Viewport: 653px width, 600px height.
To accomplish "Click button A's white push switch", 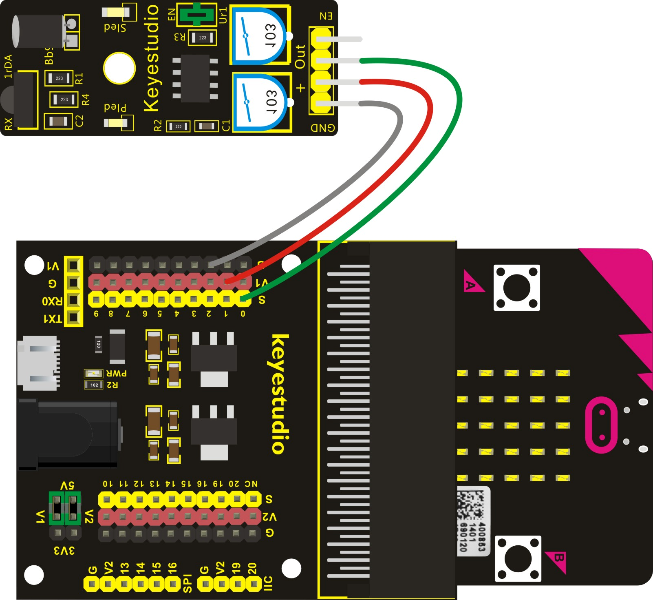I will coord(516,288).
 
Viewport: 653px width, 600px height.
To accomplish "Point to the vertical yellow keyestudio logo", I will coord(280,394).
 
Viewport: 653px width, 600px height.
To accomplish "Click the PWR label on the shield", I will coord(117,373).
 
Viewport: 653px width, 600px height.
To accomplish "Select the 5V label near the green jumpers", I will coord(67,485).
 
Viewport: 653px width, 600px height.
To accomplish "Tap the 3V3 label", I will coord(64,551).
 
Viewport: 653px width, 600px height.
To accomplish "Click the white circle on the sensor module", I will coord(119,68).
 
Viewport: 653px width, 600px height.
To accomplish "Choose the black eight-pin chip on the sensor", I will coord(195,78).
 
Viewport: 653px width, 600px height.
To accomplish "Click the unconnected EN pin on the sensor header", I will coord(338,39).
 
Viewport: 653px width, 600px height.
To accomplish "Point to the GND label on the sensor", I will coord(323,128).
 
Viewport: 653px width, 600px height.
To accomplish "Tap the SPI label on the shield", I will coord(187,583).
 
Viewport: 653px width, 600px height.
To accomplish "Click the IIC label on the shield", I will coord(268,583).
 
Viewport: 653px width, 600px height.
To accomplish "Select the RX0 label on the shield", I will coord(52,301).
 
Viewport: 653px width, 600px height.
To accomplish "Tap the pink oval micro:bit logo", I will coord(602,425).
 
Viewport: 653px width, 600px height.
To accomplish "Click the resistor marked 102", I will coord(94,385).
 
